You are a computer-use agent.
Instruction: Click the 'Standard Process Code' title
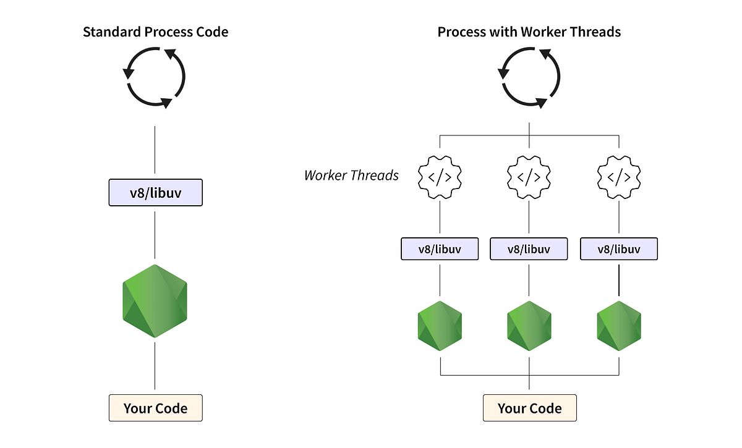155,32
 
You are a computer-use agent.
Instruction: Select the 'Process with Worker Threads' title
529,32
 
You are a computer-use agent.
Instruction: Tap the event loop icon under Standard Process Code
155,78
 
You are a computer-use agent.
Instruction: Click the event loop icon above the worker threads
529,78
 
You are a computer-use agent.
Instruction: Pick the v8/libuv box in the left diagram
155,192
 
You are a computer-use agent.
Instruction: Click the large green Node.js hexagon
155,301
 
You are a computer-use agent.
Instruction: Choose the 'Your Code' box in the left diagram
155,408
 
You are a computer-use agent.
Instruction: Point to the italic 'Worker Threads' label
351,175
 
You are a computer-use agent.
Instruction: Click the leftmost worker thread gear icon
440,177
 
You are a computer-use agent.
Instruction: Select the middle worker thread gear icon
529,177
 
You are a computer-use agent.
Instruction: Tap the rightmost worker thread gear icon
618,177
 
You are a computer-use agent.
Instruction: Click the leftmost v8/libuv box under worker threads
440,249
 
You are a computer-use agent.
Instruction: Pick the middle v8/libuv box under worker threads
529,249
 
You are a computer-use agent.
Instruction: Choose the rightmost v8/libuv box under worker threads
618,249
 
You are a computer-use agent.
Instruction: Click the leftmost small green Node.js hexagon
440,325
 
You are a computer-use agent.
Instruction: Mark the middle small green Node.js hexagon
529,325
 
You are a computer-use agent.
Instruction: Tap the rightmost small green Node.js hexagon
618,325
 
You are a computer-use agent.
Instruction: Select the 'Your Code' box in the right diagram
529,408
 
